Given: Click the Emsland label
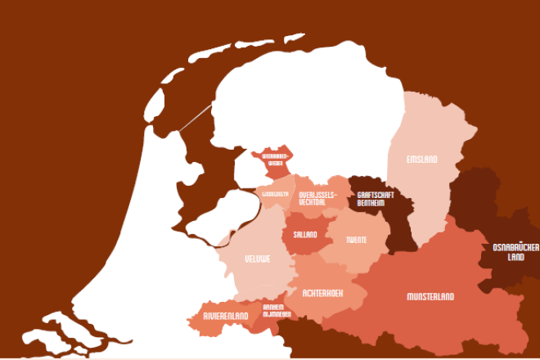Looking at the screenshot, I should pos(421,159).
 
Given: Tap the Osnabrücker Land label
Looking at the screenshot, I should pos(515,251).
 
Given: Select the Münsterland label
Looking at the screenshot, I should pos(430,296).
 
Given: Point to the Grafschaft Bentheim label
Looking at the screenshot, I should pos(376,199).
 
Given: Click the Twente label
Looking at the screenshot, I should pos(356,240).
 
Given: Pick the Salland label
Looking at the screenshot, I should pos(305,235).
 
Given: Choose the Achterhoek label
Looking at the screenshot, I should pos(322,292).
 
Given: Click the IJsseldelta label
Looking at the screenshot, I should pos(275,194).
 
